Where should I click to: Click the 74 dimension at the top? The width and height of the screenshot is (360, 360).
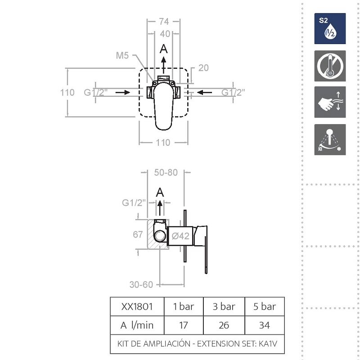[164, 21]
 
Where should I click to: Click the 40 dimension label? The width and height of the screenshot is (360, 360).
[165, 34]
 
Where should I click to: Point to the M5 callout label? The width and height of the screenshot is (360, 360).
[122, 55]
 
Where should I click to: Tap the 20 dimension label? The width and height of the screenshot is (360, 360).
[203, 68]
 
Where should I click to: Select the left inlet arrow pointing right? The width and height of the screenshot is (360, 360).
[123, 92]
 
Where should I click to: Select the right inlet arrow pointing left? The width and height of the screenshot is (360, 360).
[204, 92]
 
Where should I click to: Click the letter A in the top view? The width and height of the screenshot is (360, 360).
[163, 49]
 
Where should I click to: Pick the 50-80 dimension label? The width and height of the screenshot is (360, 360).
[166, 172]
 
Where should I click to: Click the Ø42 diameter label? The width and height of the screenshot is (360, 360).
[181, 236]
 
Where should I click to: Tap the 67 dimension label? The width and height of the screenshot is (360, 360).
[138, 234]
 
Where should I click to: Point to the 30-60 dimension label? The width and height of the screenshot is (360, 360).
[141, 285]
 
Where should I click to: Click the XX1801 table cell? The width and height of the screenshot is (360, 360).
[137, 306]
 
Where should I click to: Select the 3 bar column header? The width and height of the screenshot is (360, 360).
[224, 306]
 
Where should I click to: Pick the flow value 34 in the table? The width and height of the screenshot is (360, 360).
[264, 325]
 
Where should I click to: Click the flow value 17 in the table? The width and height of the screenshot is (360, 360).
[184, 325]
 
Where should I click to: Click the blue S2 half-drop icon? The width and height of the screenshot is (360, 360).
[330, 28]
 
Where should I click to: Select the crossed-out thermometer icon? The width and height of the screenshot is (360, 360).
[330, 66]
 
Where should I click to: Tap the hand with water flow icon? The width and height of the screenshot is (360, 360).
[330, 102]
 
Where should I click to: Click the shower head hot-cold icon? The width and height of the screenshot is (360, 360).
[330, 139]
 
